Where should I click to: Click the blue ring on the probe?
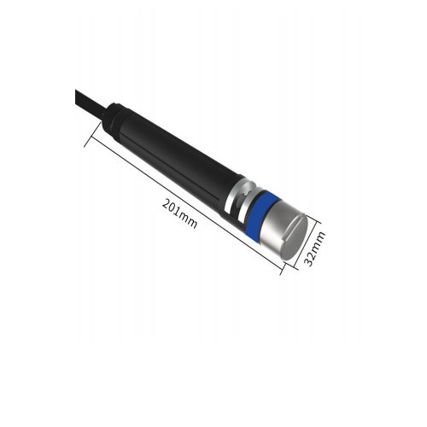point(256,214)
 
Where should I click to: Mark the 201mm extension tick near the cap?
point(281,270)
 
